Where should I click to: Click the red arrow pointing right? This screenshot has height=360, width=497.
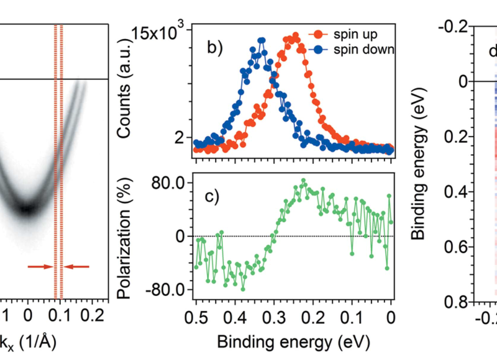[x=40, y=267]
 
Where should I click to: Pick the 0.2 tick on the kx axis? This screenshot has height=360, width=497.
[x=96, y=315]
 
